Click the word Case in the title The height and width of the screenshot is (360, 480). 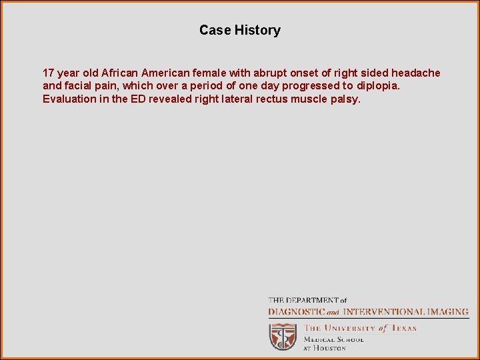pos(215,30)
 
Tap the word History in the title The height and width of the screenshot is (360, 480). pos(257,30)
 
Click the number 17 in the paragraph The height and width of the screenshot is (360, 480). pos(49,73)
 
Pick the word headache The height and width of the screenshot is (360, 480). pos(416,73)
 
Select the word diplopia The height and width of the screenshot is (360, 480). pos(378,86)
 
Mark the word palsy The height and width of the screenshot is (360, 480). pos(345,99)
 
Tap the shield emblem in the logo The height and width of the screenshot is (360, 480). pos(283,336)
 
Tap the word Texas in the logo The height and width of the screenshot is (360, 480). pos(403,328)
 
